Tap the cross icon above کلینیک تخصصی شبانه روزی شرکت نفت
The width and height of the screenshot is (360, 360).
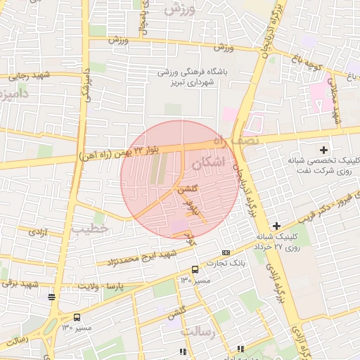[x=323, y=149]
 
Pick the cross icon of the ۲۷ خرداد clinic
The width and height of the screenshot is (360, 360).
[x=276, y=226]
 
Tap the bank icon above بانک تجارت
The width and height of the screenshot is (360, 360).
[x=226, y=252]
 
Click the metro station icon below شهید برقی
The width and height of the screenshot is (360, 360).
[x=51, y=297]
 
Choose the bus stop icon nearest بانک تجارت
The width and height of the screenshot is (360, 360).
[x=195, y=269]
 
